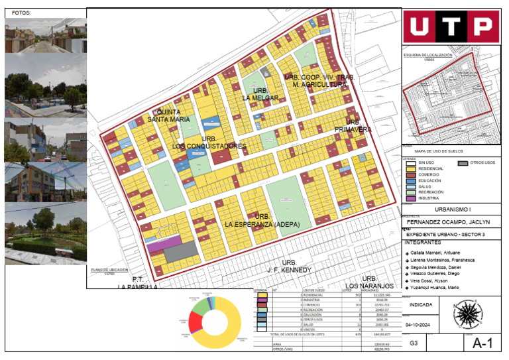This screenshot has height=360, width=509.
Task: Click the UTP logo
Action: point(452,26)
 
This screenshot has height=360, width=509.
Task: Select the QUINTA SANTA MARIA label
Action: point(173,115)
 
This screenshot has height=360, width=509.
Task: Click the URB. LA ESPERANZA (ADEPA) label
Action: point(262,221)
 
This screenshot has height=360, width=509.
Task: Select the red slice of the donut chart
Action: point(196,322)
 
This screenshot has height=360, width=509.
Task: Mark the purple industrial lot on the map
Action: point(165,244)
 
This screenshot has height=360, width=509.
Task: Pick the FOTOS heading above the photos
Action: point(22,13)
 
